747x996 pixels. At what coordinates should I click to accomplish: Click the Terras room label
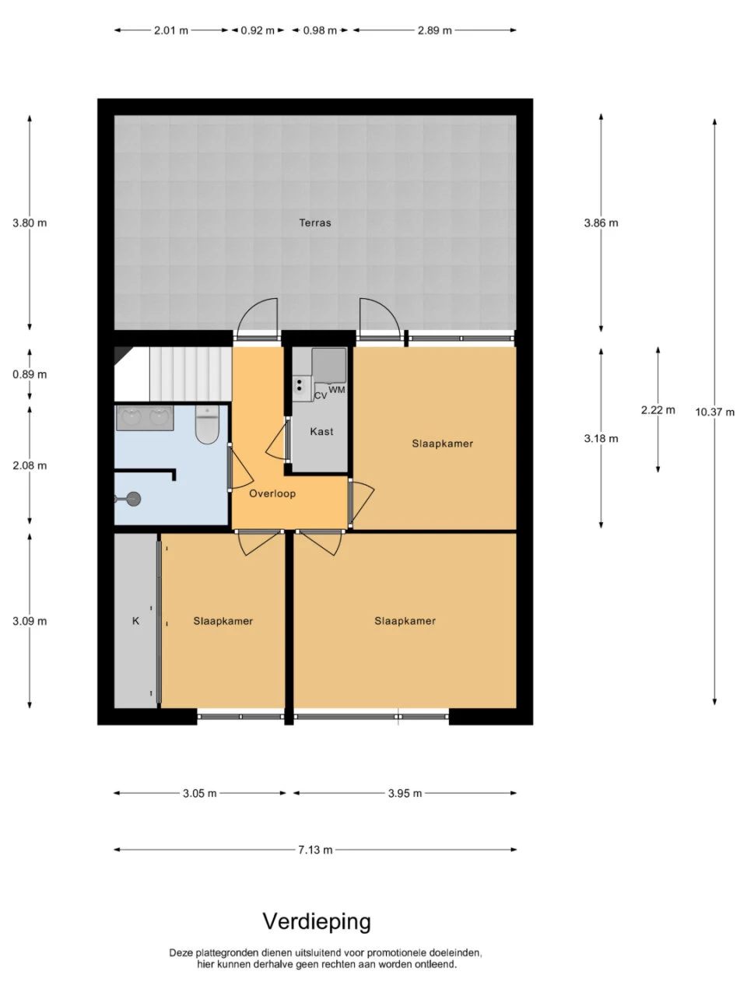tap(315, 223)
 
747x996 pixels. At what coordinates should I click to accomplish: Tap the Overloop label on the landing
tap(272, 493)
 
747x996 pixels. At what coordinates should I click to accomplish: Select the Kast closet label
tap(321, 431)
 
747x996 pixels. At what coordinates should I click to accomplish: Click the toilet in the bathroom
tap(207, 424)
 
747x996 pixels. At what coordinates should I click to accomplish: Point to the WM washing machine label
tap(336, 390)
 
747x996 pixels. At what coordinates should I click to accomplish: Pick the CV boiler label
tap(321, 396)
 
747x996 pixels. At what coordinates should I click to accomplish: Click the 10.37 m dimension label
tap(715, 412)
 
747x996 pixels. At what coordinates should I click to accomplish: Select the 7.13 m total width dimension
tap(315, 850)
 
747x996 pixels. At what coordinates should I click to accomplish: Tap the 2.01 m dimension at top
tap(171, 30)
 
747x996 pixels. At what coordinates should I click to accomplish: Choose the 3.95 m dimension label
tap(405, 793)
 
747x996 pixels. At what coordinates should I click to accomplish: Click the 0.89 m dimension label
tap(30, 374)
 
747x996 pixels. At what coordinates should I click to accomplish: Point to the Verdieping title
tap(317, 921)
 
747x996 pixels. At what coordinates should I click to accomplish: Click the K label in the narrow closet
tap(135, 621)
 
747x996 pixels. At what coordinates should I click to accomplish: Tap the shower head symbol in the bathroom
tap(133, 499)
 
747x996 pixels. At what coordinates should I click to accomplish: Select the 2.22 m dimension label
tap(658, 410)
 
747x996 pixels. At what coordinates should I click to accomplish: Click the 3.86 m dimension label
tap(601, 223)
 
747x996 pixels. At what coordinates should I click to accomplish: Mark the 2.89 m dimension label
tap(434, 30)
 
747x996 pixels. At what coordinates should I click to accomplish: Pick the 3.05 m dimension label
tap(199, 793)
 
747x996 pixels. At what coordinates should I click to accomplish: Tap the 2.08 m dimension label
tap(30, 465)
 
